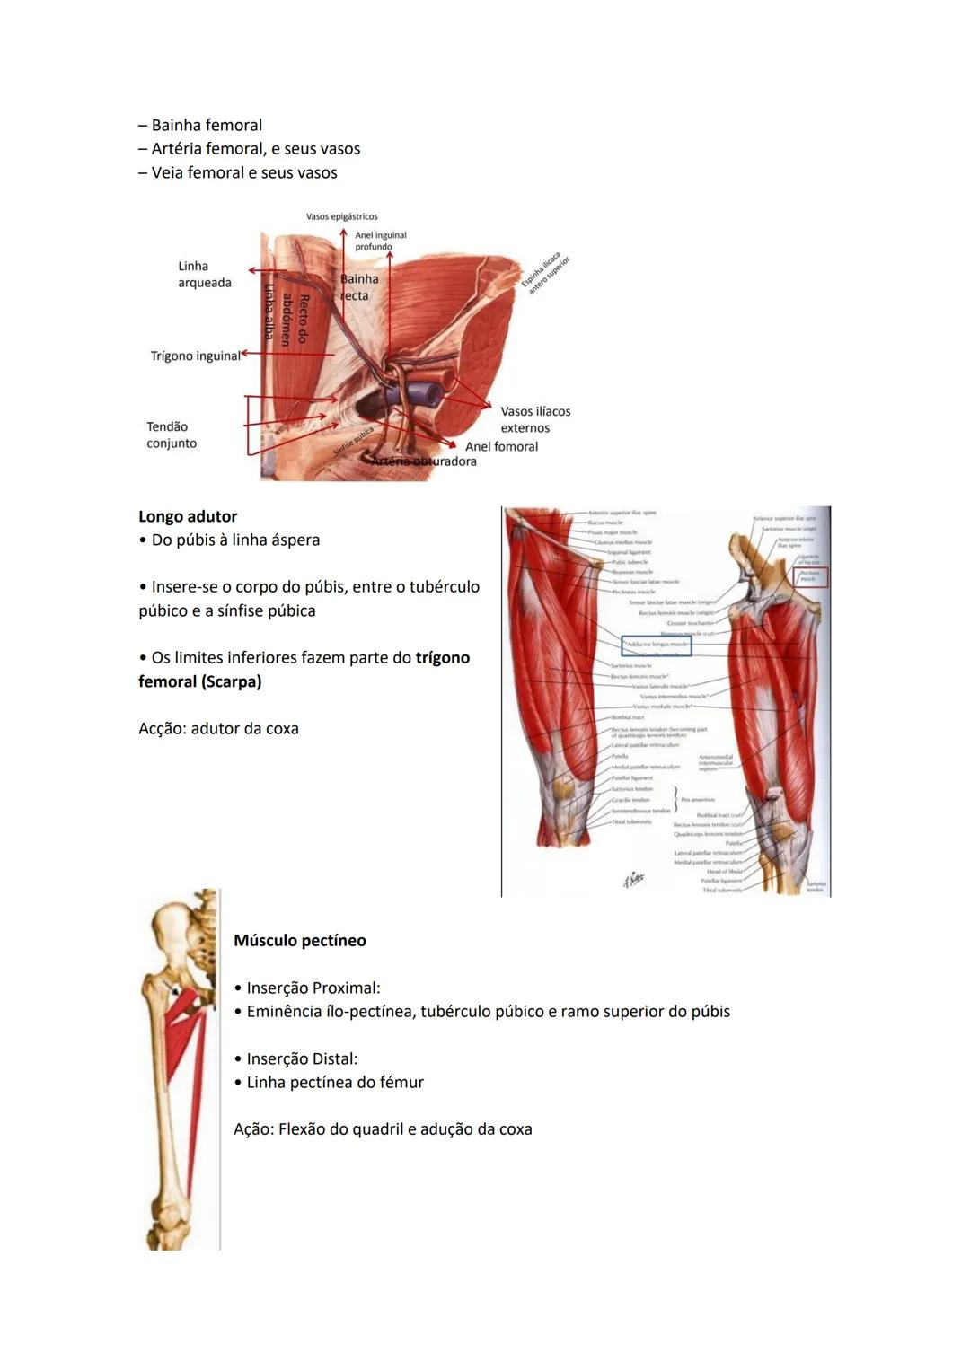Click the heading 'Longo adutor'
pos(188,516)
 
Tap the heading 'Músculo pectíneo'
pos(300,941)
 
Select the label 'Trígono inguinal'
pos(195,356)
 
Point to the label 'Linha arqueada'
pos(204,275)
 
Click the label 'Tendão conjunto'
pos(172,435)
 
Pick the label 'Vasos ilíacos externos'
pos(535,419)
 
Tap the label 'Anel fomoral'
pos(501,446)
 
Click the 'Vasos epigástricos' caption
pos(341,216)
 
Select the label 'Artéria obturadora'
pos(424,461)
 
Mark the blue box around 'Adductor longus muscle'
pos(657,645)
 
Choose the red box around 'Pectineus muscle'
pos(810,577)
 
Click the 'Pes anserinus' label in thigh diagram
pos(698,799)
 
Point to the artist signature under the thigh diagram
pos(634,880)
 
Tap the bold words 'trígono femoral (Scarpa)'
pos(304,670)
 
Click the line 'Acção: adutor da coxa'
pos(218,729)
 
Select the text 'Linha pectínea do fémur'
pos(335,1083)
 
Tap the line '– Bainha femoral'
pos(200,126)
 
